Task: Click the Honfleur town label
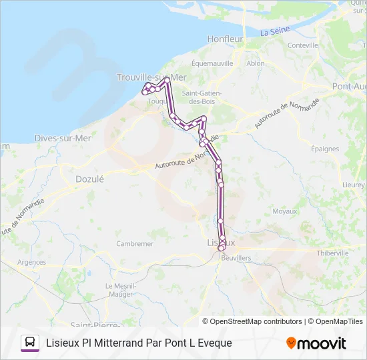click(x=225, y=39)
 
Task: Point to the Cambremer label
click(x=135, y=244)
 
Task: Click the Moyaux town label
click(x=285, y=211)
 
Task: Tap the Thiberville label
click(x=332, y=253)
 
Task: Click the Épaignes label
click(x=325, y=149)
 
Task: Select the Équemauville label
click(x=212, y=63)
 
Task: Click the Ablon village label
click(x=256, y=63)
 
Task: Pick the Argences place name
click(x=32, y=262)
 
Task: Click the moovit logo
click(x=316, y=343)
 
